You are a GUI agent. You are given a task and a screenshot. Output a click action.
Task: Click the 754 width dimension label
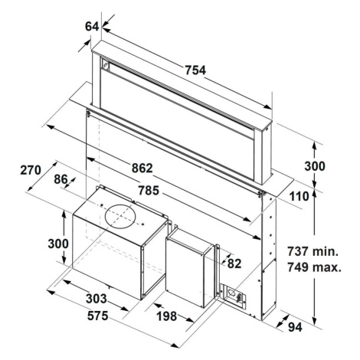pyautogui.click(x=195, y=70)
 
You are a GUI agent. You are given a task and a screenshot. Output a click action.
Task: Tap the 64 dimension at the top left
pyautogui.click(x=92, y=26)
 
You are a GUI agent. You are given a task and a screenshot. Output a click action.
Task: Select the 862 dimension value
pyautogui.click(x=142, y=168)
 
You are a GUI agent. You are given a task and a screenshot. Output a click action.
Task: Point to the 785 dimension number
pyautogui.click(x=149, y=191)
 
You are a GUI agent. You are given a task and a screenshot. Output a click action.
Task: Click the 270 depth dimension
pyautogui.click(x=31, y=170)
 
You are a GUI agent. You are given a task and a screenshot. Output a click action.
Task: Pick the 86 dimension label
pyautogui.click(x=61, y=179)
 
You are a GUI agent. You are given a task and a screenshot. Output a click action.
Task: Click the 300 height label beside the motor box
pyautogui.click(x=58, y=244)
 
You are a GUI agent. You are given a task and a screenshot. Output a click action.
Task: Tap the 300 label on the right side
pyautogui.click(x=315, y=166)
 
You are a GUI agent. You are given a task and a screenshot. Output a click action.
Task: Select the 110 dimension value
pyautogui.click(x=299, y=197)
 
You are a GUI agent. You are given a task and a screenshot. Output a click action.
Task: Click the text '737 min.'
pyautogui.click(x=313, y=251)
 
